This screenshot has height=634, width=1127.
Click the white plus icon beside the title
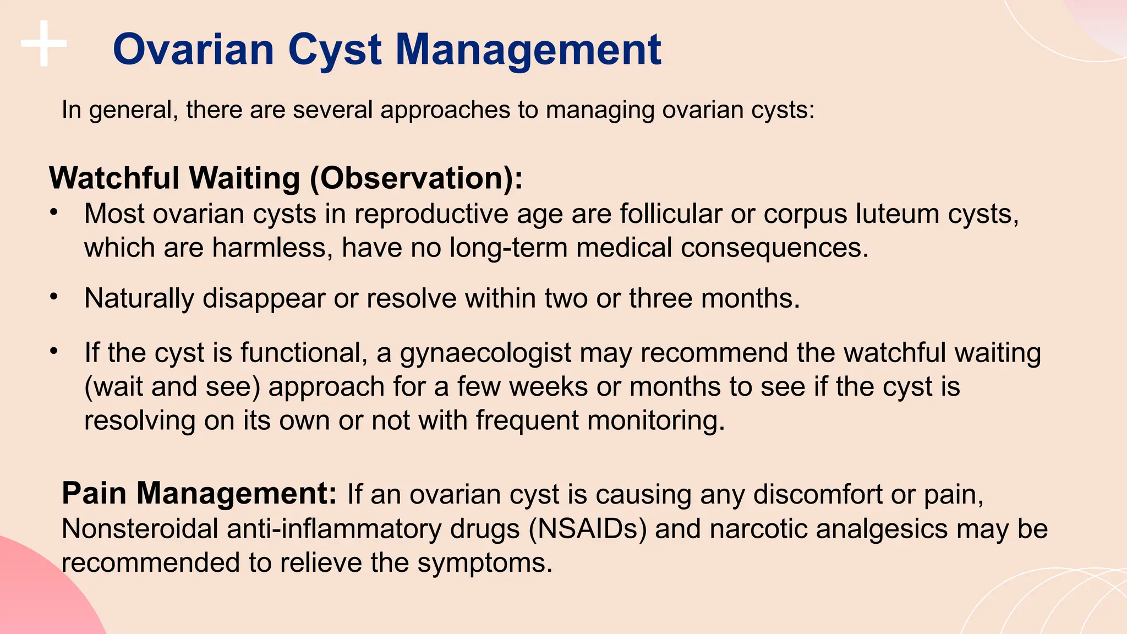(x=44, y=43)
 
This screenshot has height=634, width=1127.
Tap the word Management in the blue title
(x=528, y=51)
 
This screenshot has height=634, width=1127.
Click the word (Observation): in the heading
(x=416, y=179)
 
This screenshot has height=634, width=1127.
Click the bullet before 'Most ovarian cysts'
(x=53, y=212)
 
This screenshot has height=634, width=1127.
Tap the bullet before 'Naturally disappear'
(x=53, y=297)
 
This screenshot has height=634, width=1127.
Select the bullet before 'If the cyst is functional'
(x=53, y=351)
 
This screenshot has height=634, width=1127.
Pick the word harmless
(x=272, y=248)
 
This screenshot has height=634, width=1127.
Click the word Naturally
(x=139, y=299)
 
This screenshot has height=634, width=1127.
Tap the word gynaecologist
(x=485, y=353)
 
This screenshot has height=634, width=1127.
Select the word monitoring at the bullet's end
(x=655, y=421)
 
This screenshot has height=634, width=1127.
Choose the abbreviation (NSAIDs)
(x=587, y=529)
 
